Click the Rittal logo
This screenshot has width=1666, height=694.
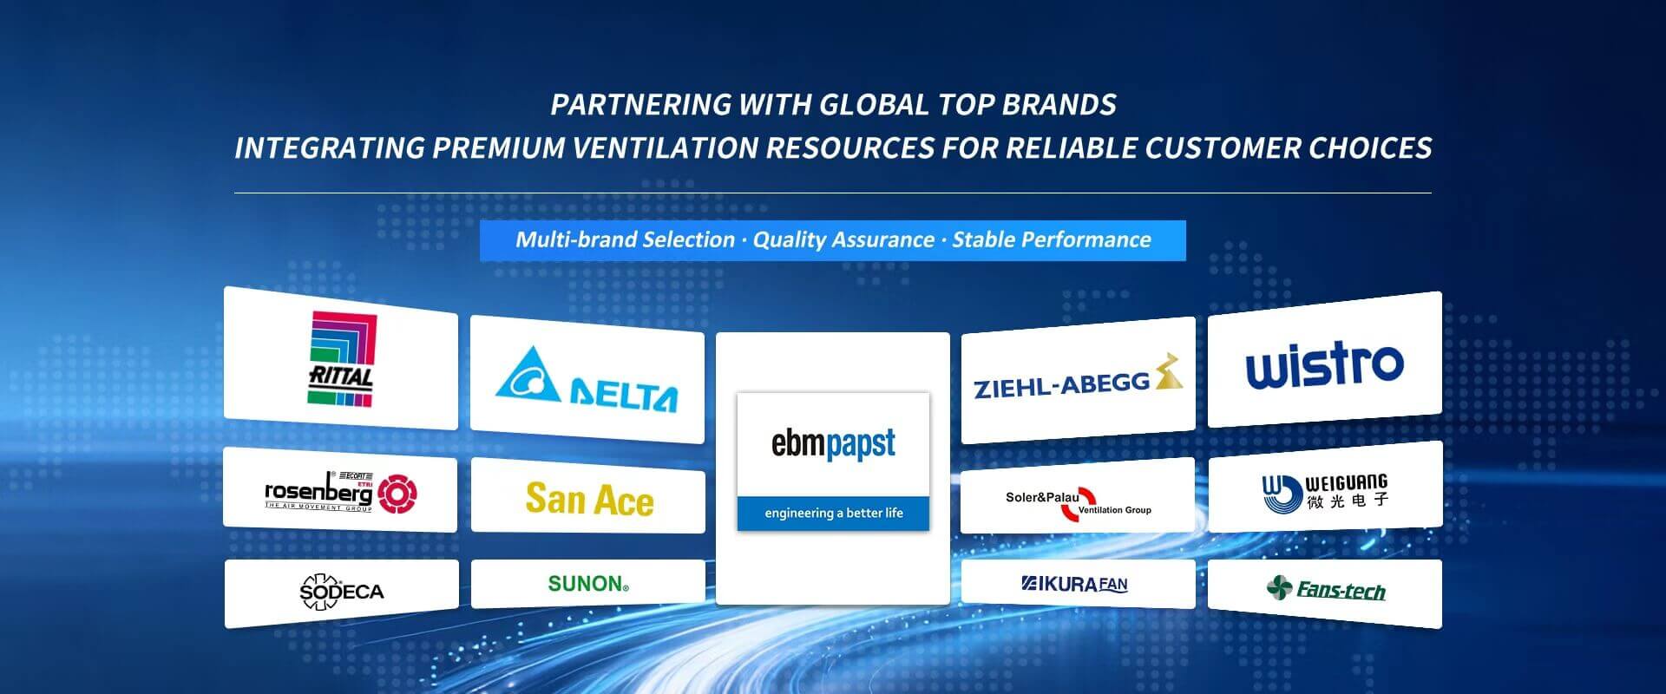pos(342,358)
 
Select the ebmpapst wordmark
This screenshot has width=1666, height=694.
pos(833,443)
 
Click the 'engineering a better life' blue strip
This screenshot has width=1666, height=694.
pos(833,513)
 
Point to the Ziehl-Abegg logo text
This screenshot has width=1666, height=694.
pos(1062,383)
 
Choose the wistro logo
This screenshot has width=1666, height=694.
pos(1325,364)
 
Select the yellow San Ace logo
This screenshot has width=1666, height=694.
pos(589,500)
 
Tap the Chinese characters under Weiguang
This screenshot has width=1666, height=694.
pos(1348,501)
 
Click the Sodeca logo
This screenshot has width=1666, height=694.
pos(341,592)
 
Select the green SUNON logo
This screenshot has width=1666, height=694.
pos(588,584)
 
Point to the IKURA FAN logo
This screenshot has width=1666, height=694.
pos(1074,584)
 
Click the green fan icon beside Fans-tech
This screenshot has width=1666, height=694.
pos(1279,588)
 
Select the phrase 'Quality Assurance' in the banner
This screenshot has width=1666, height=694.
pos(843,239)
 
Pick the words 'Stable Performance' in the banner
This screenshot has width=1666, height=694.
pos(1052,239)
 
